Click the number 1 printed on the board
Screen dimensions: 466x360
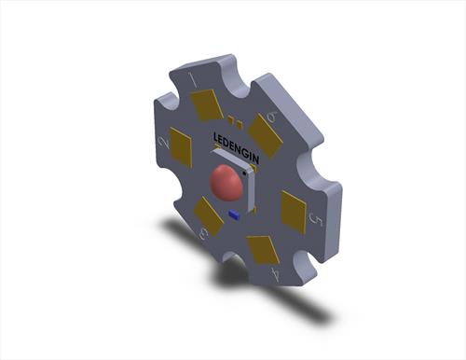pos(194,80)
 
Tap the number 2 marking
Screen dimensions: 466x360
pos(164,143)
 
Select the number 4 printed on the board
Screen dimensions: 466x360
pos(275,274)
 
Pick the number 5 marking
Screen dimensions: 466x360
pos(316,220)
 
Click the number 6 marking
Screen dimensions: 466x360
pos(272,118)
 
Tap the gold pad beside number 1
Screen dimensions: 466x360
pos(207,105)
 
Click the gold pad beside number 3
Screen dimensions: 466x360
pos(209,215)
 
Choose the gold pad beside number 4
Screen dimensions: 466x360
pos(263,250)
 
